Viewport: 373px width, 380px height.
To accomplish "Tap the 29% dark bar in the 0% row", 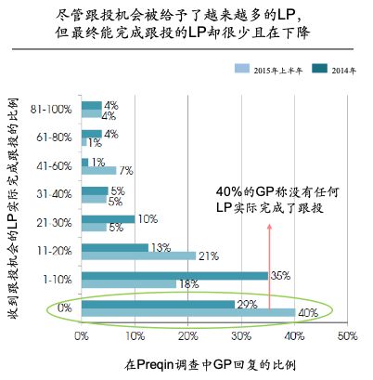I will [x=159, y=304].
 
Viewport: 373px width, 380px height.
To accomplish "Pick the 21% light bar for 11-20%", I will [x=138, y=256].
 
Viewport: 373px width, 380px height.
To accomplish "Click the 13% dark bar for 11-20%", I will [x=116, y=246].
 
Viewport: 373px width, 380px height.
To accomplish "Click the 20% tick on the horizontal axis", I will [x=187, y=334].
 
